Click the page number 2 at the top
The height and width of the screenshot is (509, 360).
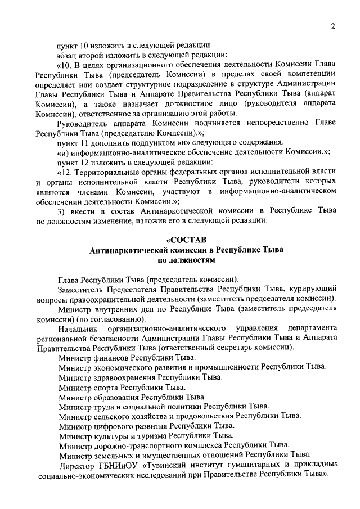coord(332,26)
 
